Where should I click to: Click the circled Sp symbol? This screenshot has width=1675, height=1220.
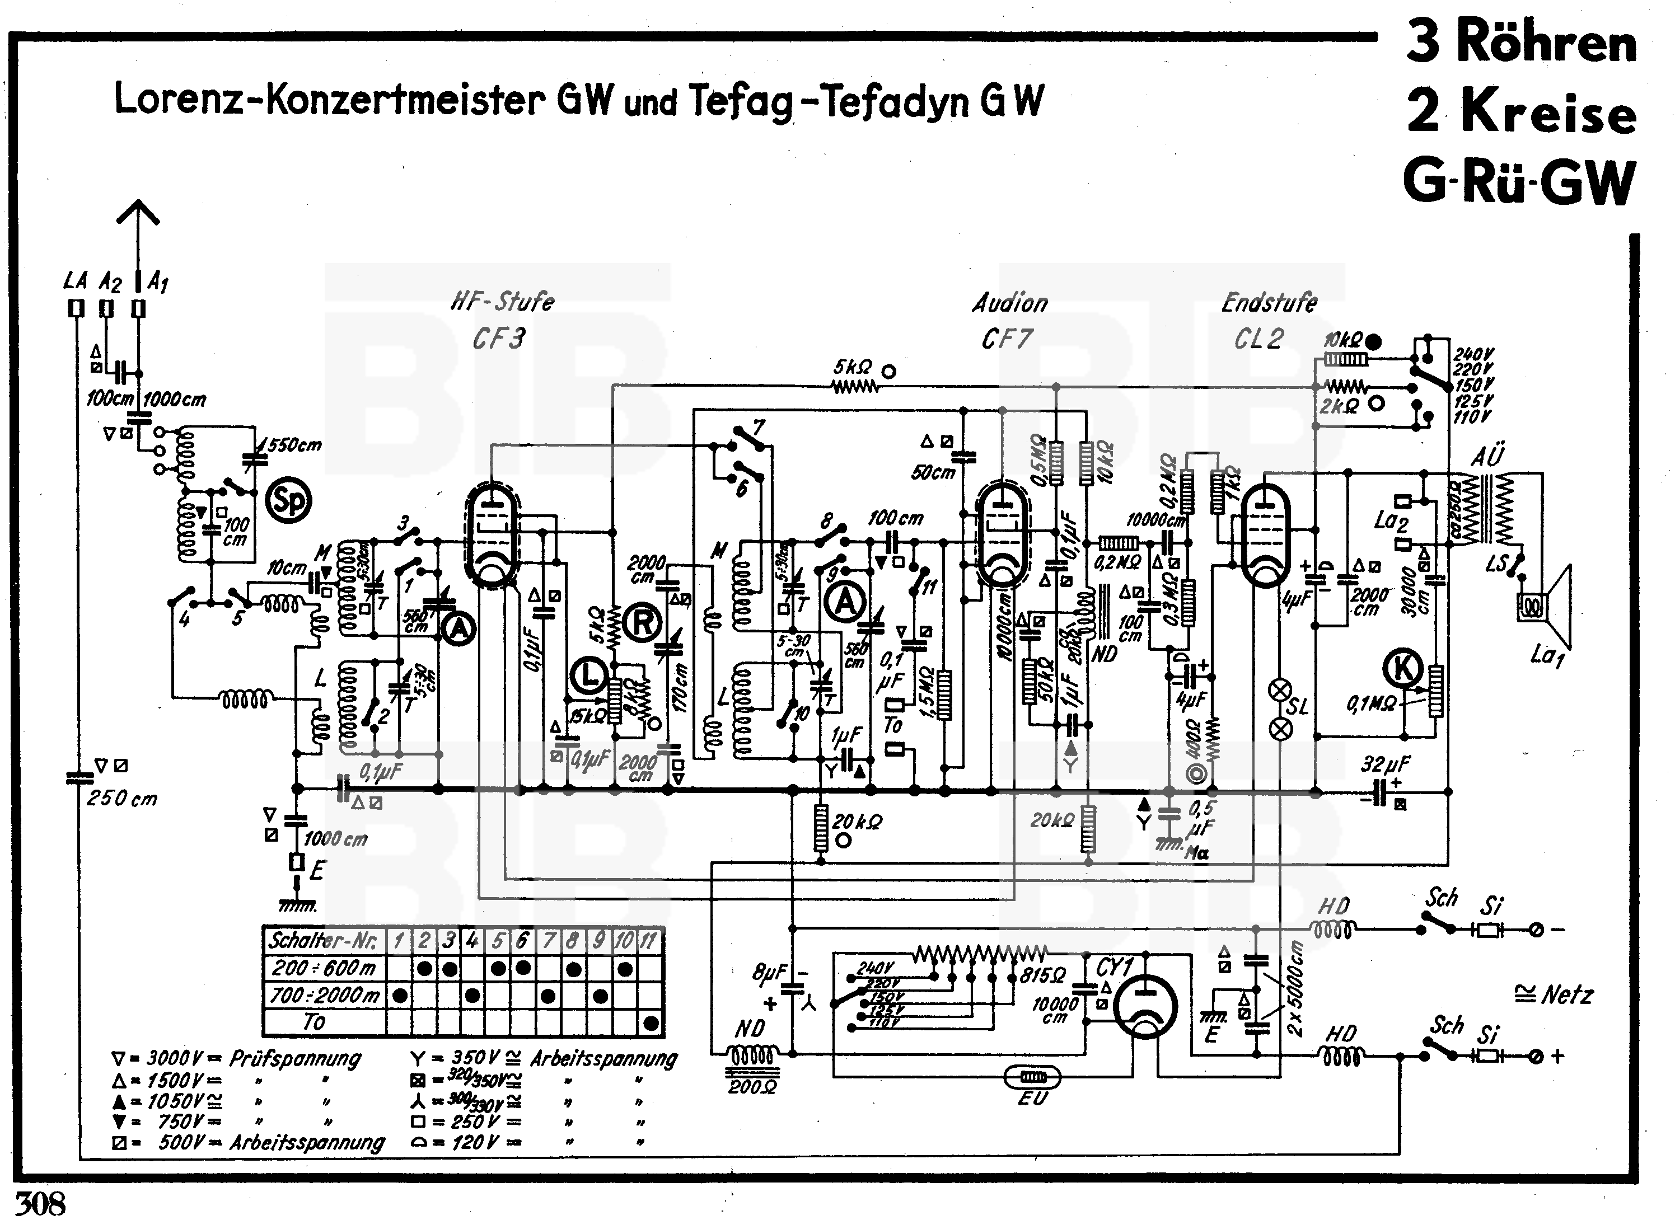click(288, 501)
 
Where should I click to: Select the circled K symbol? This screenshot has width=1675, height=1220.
click(1403, 668)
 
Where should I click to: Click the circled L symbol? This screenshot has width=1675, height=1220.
click(588, 675)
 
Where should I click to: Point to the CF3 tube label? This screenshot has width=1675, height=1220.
click(498, 339)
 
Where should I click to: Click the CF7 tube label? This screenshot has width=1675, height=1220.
click(1006, 339)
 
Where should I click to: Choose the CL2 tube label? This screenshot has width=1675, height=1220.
click(1258, 339)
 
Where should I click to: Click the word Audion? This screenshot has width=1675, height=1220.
click(1009, 303)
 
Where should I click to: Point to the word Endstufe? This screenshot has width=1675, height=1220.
click(1269, 302)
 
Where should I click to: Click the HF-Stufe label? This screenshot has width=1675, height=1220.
click(502, 301)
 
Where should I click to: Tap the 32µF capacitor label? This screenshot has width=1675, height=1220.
click(1386, 763)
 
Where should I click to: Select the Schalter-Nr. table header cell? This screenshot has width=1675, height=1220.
click(324, 941)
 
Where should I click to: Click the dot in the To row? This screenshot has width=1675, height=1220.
click(651, 1023)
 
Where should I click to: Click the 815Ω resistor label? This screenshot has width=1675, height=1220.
click(1042, 975)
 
